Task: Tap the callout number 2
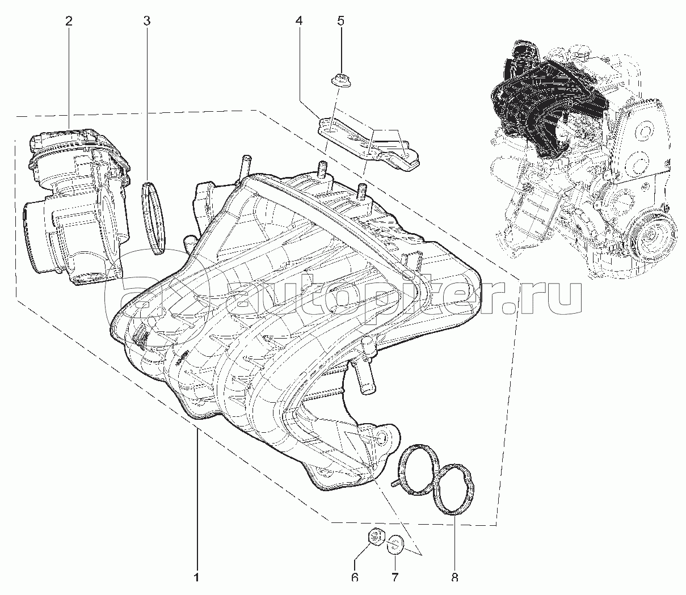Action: click(x=69, y=22)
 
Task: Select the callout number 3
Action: click(x=147, y=22)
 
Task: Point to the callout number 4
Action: click(x=298, y=22)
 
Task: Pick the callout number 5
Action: click(x=340, y=22)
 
